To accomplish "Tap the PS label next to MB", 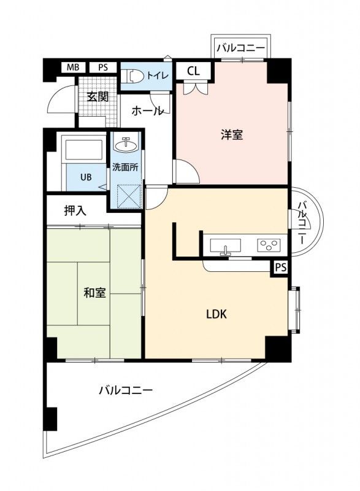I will tap(103, 68).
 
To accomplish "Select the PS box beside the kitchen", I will tap(280, 267).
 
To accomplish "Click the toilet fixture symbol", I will tap(133, 75).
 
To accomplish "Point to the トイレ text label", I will tap(156, 74).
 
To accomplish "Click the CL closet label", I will tap(193, 71).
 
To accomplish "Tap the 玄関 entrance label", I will tap(97, 96).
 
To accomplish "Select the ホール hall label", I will tap(148, 111).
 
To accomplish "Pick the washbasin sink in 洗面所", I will tap(126, 145).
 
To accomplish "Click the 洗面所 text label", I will tap(125, 167).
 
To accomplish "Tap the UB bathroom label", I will tap(86, 177).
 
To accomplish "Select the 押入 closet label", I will tap(75, 211).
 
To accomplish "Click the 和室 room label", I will tap(95, 292).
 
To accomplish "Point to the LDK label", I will tap(216, 314).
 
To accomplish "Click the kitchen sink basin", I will tap(226, 245).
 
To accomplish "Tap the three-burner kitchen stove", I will tap(269, 245).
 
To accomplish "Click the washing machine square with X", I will tap(126, 195).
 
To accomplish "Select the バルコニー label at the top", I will tap(241, 47).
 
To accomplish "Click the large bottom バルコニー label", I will tap(125, 390).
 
